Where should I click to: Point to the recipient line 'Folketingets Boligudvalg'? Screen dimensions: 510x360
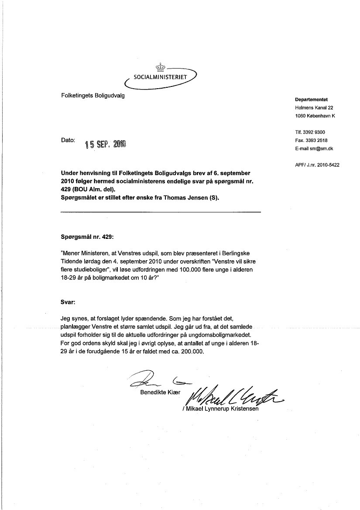pos(93,96)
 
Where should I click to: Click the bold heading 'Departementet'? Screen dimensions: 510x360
pos(311,99)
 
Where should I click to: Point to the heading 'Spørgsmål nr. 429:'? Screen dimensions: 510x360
pos(87,237)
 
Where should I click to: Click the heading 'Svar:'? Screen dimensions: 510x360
pos(68,302)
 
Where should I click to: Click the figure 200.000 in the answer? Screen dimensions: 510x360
pos(191,351)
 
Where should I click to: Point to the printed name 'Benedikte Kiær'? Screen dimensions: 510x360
pos(160,393)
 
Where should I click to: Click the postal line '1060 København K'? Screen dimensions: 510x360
pos(315,116)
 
